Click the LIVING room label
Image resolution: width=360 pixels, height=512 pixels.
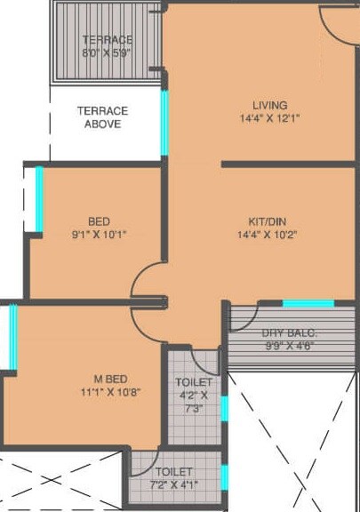point(269,105)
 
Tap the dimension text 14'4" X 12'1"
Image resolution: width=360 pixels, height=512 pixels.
point(269,118)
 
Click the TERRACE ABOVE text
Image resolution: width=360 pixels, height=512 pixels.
point(102,117)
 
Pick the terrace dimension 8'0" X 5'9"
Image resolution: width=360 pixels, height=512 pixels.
point(107,52)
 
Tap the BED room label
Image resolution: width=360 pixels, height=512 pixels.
point(99,221)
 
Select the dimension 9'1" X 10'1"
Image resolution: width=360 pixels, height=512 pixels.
point(99,235)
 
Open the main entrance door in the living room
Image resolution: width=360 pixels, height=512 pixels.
point(340,25)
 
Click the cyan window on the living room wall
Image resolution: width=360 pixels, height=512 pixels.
point(164,119)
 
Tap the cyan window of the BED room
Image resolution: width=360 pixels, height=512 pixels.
point(39,199)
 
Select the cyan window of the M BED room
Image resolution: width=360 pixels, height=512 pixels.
point(13,336)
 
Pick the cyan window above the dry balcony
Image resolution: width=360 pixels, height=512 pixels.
point(308,304)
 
